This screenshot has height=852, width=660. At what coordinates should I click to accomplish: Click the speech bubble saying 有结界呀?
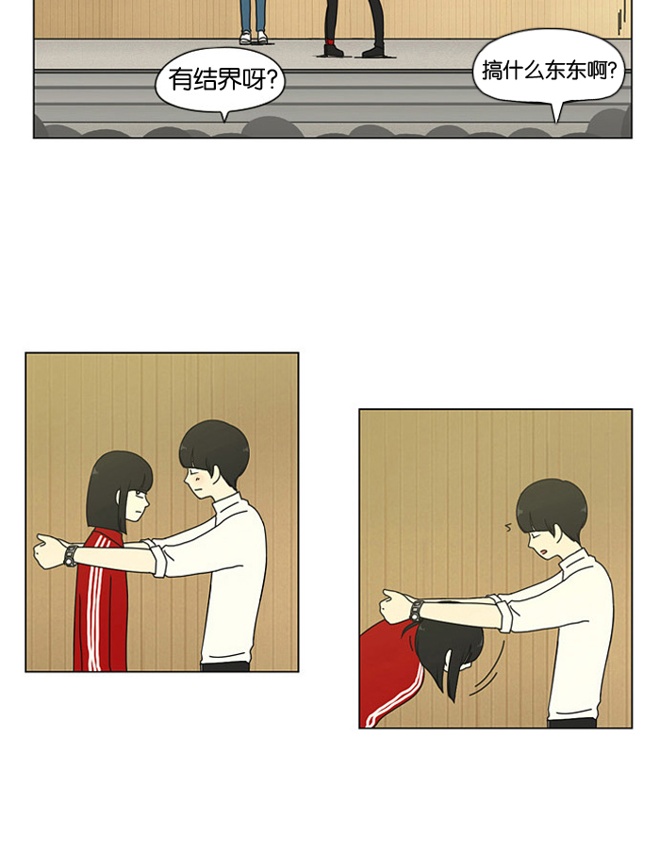coord(221,80)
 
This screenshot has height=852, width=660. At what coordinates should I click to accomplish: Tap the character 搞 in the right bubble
coord(492,70)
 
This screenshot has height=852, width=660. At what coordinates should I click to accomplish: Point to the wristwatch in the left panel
coord(71,555)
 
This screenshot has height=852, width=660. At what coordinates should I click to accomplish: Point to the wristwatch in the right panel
coord(417,610)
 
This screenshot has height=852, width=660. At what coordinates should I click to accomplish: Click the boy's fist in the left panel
coord(49,551)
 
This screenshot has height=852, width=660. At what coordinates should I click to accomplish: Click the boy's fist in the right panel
coord(397,606)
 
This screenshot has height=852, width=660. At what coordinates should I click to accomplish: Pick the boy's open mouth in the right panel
coord(545,551)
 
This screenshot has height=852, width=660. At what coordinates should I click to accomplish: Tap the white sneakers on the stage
coord(254,37)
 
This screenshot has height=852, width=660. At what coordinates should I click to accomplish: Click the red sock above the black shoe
coord(331,41)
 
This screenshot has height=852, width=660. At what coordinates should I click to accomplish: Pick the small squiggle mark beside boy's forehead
coord(508,526)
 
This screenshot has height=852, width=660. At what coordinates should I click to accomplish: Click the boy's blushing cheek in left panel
coord(199,481)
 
